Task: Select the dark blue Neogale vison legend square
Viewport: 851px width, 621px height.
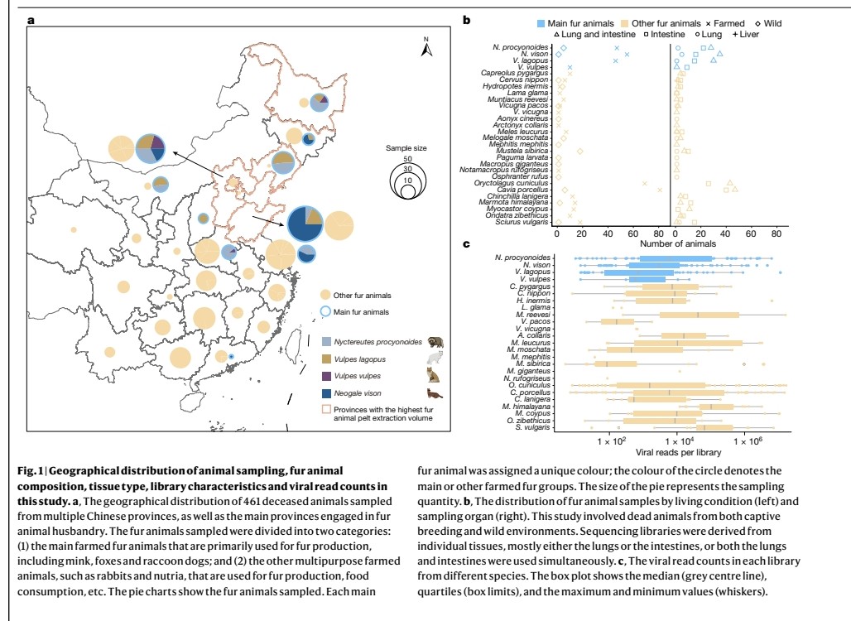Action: coord(327,392)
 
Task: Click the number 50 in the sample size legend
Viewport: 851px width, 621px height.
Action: coord(406,158)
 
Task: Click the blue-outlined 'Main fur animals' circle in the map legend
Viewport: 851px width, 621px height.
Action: coord(326,311)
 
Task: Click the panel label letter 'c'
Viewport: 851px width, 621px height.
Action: coord(467,244)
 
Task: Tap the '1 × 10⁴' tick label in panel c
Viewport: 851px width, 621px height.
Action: coord(678,440)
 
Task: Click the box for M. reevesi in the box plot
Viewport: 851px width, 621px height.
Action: coord(699,315)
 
